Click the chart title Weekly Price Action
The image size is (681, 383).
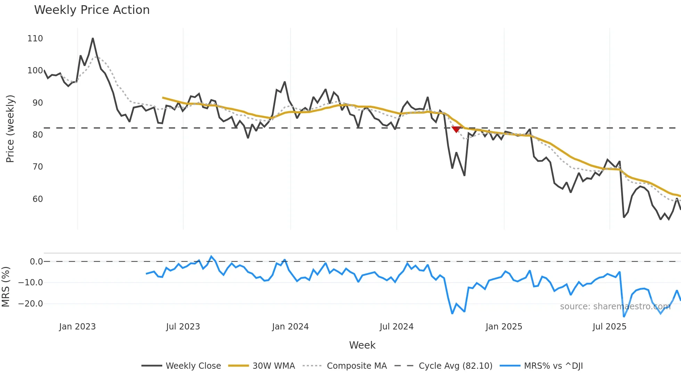92,10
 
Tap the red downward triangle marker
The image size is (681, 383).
456,129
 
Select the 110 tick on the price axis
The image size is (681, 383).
35,39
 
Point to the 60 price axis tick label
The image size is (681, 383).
38,199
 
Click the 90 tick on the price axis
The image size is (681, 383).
38,103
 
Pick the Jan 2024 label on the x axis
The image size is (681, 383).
290,327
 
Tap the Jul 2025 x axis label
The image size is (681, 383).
609,327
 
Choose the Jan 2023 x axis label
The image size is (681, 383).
77,327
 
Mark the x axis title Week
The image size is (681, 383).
362,345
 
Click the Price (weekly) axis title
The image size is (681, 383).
10,129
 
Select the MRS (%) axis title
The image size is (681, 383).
6,287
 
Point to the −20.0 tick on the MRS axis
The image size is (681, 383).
31,304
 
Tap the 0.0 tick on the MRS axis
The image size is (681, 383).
36,262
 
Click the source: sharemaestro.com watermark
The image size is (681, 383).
615,307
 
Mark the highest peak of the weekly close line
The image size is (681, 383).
93,38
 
